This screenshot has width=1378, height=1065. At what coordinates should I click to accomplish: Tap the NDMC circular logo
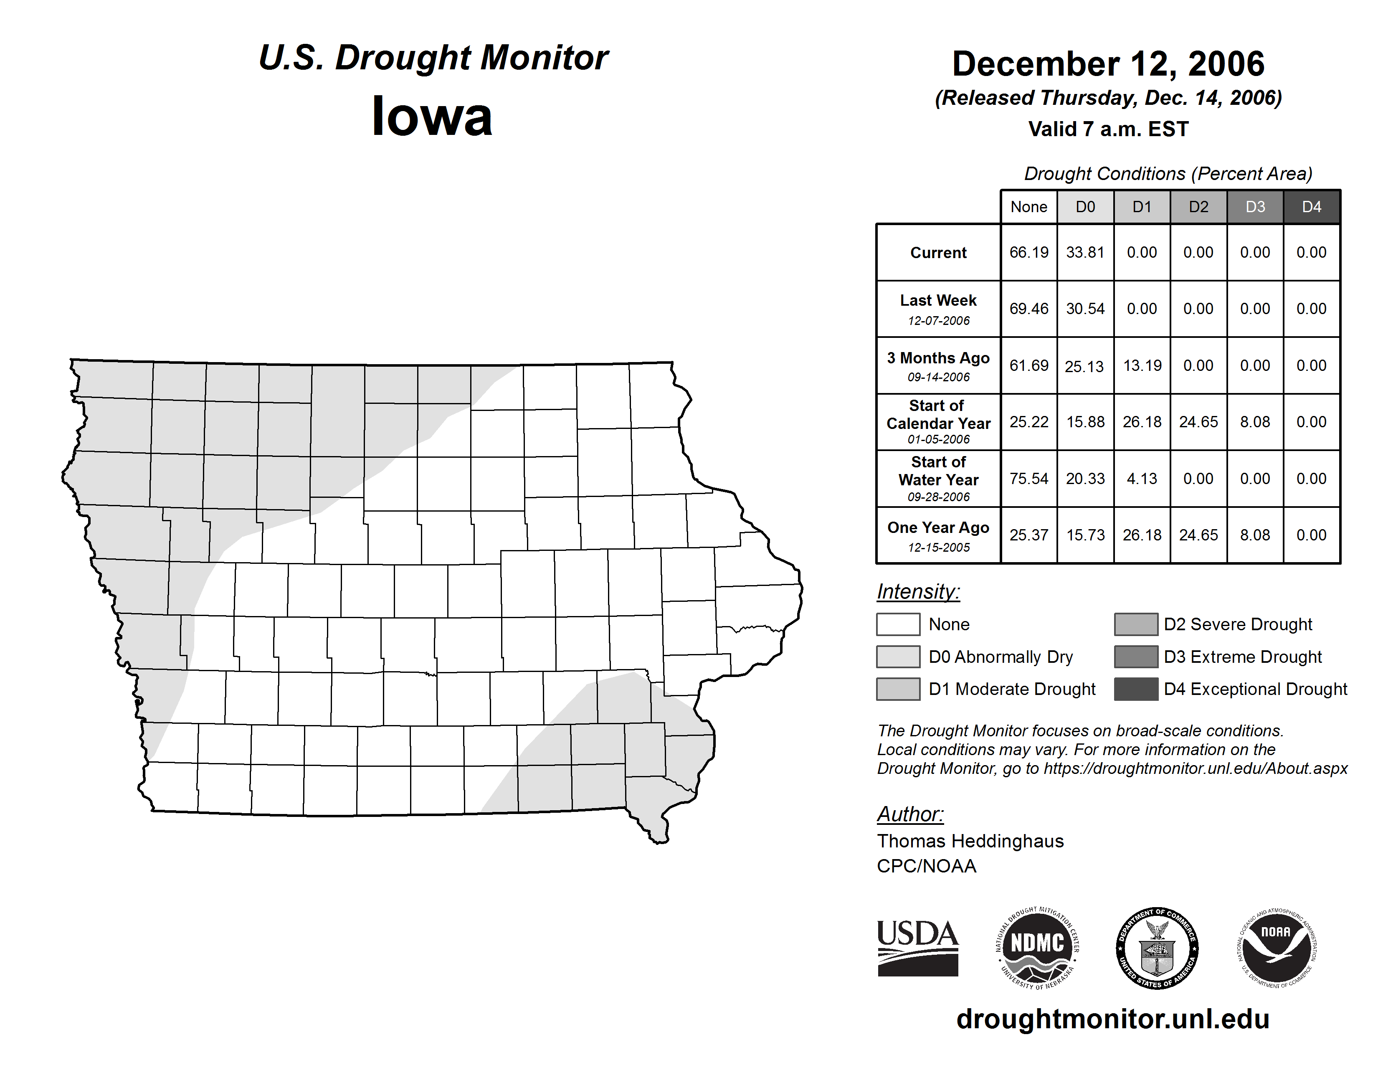click(x=1037, y=949)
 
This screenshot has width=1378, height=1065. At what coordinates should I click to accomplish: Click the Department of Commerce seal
click(x=1157, y=948)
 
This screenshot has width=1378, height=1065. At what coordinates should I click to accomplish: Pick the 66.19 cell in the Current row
click(x=1028, y=252)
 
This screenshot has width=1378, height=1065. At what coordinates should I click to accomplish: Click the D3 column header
click(x=1255, y=207)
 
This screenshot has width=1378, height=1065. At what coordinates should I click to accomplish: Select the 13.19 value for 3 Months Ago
click(x=1141, y=366)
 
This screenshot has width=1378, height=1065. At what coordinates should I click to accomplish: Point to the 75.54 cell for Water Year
click(x=1028, y=479)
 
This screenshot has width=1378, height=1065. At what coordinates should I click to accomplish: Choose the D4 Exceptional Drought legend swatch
click(x=1136, y=689)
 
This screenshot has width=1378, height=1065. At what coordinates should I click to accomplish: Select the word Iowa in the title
click(x=432, y=117)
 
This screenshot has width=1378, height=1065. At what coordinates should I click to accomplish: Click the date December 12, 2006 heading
click(x=1108, y=64)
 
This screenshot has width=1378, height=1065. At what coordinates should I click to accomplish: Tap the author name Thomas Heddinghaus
click(x=970, y=841)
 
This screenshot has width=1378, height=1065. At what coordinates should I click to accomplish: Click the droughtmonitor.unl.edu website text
click(x=1112, y=1019)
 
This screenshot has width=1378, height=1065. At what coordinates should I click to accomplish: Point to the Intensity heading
click(x=918, y=592)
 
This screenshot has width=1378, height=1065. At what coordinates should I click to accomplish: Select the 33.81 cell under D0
click(x=1085, y=252)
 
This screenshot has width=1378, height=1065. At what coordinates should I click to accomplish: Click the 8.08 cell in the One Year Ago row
click(x=1255, y=535)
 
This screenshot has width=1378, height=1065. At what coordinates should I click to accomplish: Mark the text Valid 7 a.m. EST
click(x=1108, y=129)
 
